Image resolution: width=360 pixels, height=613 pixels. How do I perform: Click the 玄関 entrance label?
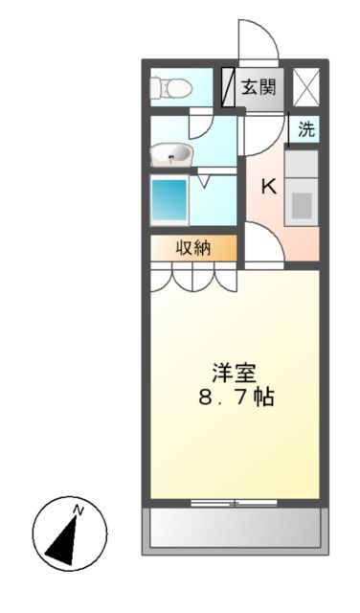pos(258,87)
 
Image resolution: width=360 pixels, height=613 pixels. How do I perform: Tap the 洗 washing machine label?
pos(305,130)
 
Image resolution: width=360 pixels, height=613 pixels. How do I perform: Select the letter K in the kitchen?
pos(269,186)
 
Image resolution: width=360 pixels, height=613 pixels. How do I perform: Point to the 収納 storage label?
pos(192,248)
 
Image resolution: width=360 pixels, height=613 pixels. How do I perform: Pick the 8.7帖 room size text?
pos(234,397)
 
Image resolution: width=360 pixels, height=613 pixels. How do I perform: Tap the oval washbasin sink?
pos(173,153)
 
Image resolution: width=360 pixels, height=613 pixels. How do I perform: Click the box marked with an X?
pos(305,87)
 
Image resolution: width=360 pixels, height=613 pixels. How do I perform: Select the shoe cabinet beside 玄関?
pos(228,87)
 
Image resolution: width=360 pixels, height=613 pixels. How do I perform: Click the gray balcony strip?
pos(233,527)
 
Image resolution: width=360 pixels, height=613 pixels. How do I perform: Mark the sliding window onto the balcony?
pos(233,501)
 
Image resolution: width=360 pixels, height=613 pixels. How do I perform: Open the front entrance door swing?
pos(257,40)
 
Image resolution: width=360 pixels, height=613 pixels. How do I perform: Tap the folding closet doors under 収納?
pos(192,277)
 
